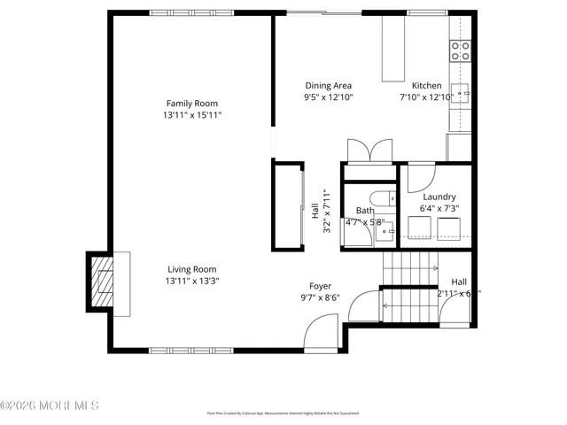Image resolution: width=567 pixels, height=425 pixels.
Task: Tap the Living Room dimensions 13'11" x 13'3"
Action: pos(192,281)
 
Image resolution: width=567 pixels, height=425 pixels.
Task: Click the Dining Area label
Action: pos(328,86)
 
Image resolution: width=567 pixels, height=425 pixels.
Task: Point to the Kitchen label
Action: pos(420,86)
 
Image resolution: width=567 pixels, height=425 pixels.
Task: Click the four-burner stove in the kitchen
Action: pos(460,50)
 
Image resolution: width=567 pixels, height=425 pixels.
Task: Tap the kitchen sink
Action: pos(462,93)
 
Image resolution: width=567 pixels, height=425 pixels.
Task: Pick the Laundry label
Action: pos(439,197)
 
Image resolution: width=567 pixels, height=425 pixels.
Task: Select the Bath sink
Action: pos(388,231)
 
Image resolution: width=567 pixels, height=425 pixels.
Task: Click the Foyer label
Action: pos(320,286)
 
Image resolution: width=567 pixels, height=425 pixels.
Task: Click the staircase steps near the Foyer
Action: pos(409,267)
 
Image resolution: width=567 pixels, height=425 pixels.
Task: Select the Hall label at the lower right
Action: pos(459,282)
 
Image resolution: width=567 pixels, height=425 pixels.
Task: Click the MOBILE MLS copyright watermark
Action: pos(50,406)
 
